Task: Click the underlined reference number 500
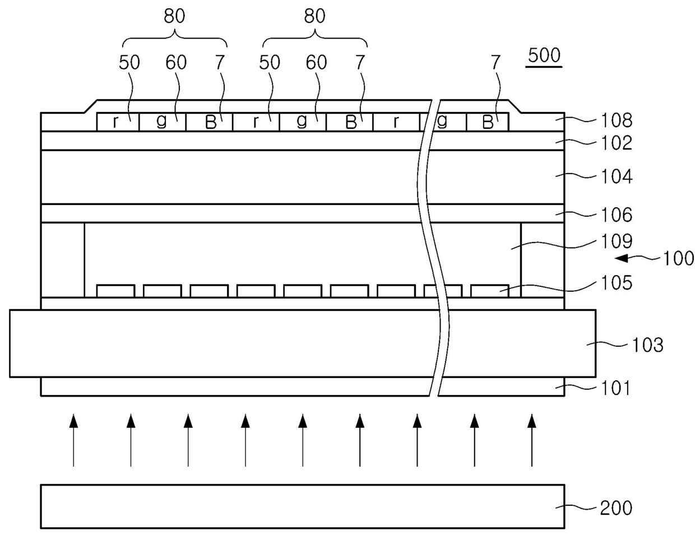pos(544,55)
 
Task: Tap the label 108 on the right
pos(616,120)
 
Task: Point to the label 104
pos(616,176)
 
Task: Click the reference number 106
pos(616,215)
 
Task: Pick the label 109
pos(616,241)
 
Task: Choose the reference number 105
pos(616,283)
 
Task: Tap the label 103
pos(647,344)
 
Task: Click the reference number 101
pos(616,388)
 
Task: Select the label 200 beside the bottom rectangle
pos(616,508)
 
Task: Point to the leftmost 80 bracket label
pos(174,16)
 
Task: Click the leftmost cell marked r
pos(116,122)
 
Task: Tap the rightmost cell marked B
pos(488,122)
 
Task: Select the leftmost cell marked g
pos(162,122)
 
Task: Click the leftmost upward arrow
pos(73,440)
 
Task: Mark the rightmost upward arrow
pos(532,440)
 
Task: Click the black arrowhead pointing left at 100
pos(622,258)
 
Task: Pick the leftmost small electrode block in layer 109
pos(115,291)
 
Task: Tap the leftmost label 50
pos(129,62)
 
